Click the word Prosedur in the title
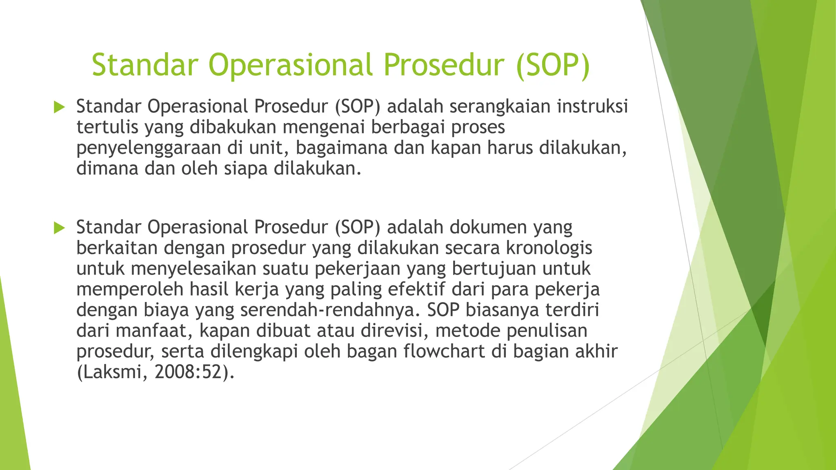pos(444,65)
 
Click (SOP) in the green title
pos(553,65)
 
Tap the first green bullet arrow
pos(59,108)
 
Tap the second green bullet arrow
pos(59,228)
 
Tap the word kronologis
pos(549,248)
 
